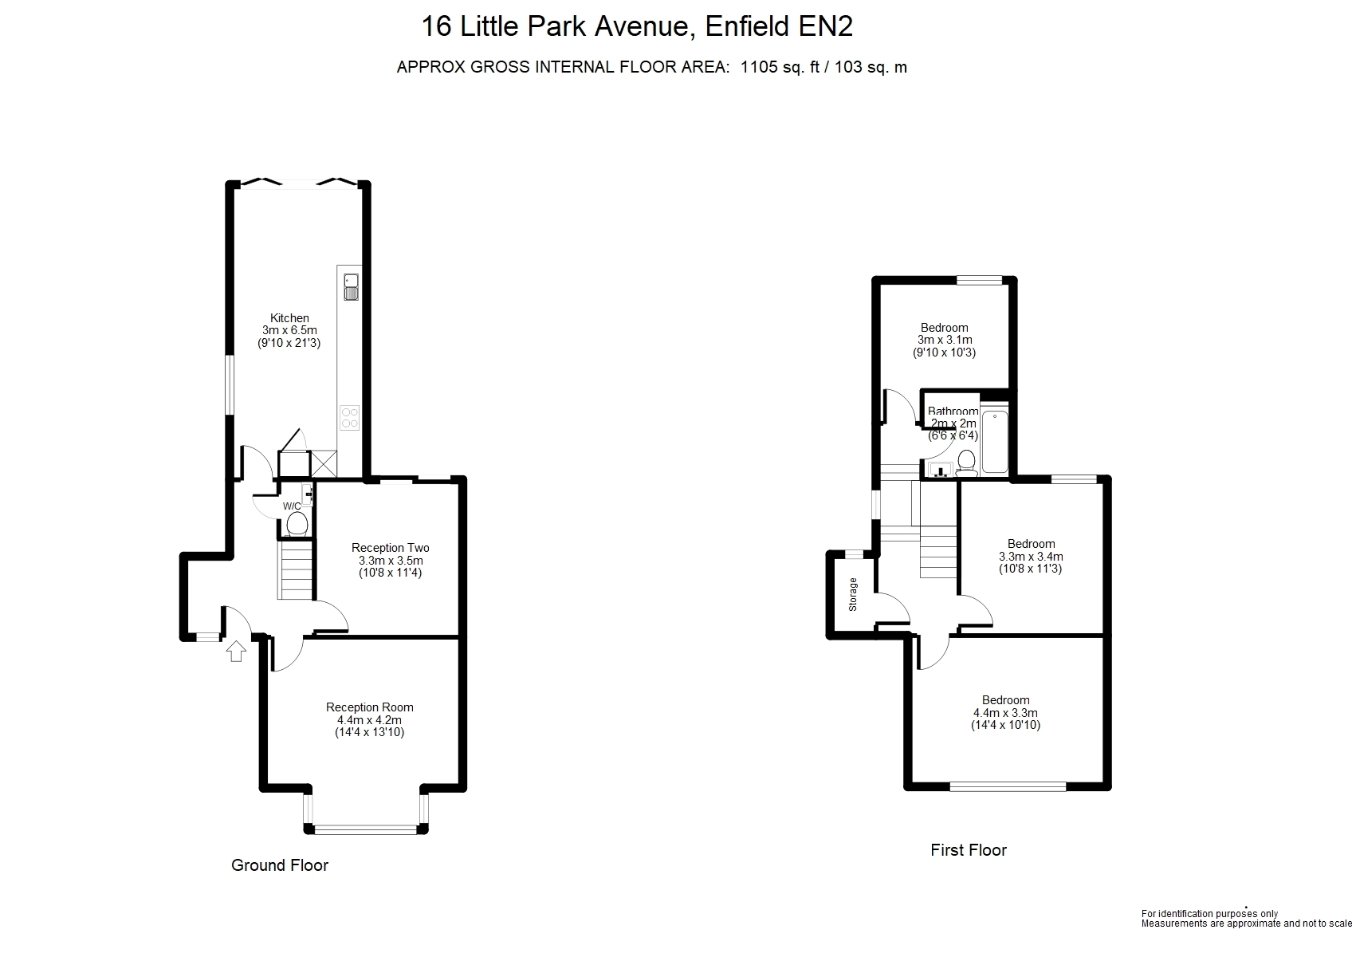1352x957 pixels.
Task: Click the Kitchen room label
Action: point(289,318)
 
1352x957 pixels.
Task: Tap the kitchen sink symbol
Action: point(351,287)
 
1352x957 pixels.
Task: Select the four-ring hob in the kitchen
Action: point(350,417)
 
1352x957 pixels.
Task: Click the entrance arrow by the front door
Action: point(236,652)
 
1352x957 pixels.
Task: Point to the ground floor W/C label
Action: point(292,506)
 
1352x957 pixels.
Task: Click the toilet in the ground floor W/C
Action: point(297,524)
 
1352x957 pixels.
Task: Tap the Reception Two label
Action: point(391,548)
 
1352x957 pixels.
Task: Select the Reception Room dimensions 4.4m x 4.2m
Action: point(369,719)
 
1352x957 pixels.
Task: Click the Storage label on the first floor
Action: point(853,595)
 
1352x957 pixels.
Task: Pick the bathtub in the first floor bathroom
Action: point(995,441)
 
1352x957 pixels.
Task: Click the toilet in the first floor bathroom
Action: point(967,463)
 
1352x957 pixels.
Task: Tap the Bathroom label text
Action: point(953,412)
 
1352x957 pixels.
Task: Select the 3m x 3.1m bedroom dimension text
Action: point(945,340)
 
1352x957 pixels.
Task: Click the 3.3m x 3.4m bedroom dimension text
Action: point(1031,556)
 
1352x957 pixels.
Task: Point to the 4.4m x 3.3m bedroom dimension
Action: point(1005,712)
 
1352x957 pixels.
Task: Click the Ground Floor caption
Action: point(280,865)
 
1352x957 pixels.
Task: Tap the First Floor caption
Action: point(969,850)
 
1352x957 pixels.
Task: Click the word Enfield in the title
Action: point(746,26)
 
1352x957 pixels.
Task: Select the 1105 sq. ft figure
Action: point(780,67)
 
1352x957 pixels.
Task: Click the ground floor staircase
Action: point(296,570)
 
